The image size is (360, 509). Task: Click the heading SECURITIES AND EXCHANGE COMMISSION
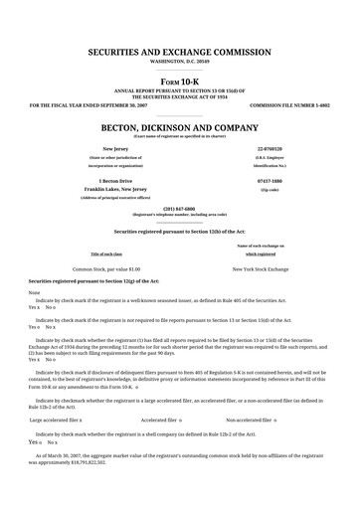pos(179,49)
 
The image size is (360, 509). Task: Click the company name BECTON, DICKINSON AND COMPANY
pos(179,128)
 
